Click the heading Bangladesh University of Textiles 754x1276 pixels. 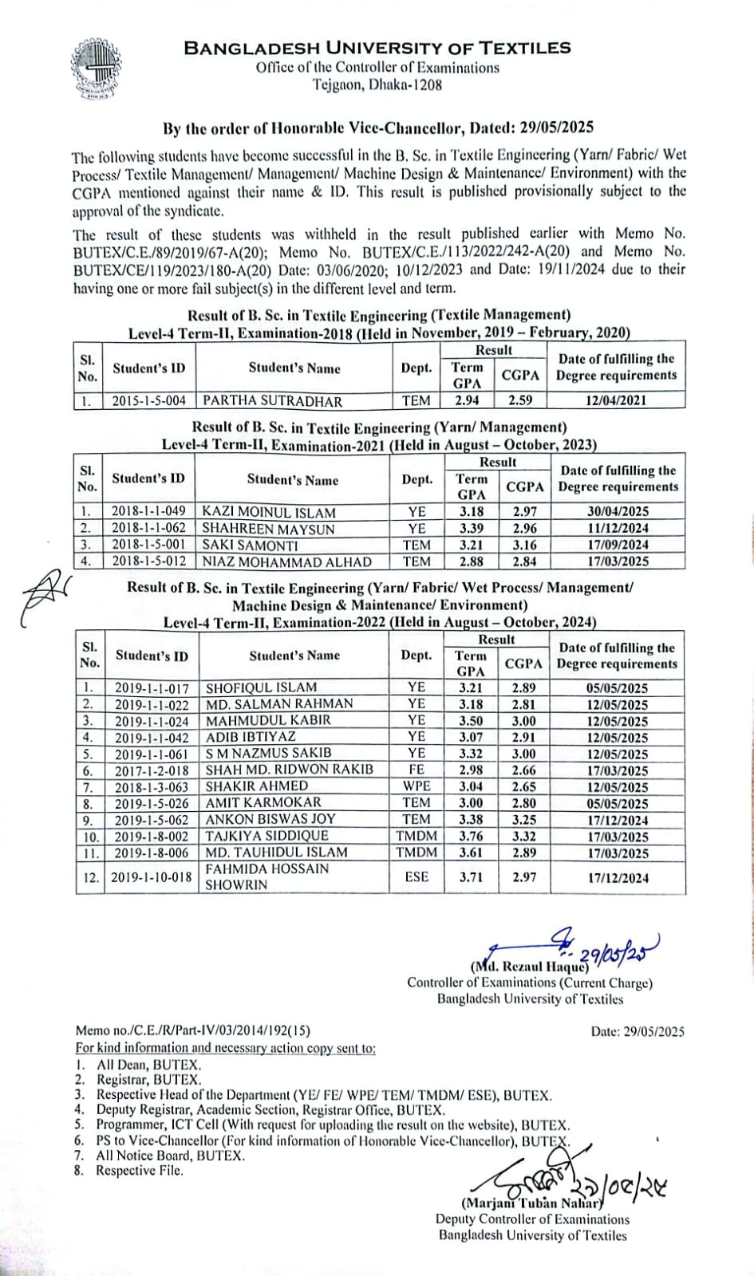tap(377, 48)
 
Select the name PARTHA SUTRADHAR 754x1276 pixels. tap(272, 401)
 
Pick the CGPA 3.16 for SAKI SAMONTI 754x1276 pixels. tap(524, 545)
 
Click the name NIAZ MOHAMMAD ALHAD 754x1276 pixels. tap(286, 561)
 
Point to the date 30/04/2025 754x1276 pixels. tap(618, 512)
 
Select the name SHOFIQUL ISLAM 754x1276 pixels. tap(261, 687)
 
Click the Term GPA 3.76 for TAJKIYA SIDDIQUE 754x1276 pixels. tap(471, 836)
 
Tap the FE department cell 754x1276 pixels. tap(416, 770)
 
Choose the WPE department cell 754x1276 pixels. tap(416, 786)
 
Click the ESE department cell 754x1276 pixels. tap(416, 877)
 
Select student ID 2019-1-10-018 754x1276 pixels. tap(151, 877)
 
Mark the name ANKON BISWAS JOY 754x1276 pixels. tap(270, 819)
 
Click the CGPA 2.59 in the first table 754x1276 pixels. tap(520, 401)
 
